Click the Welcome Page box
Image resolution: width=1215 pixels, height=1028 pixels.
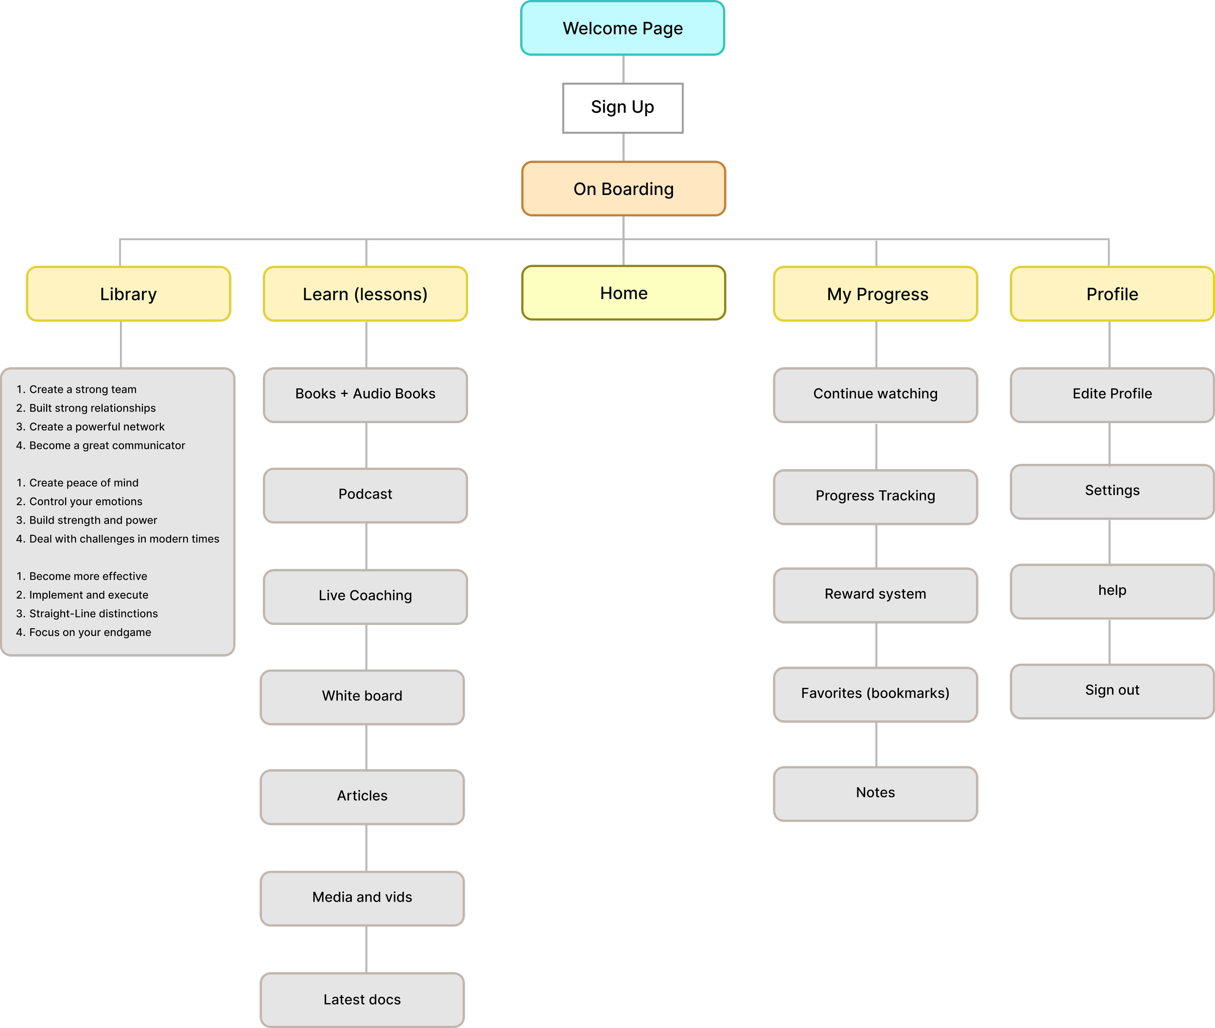[622, 29]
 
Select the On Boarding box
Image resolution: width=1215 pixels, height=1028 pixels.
[623, 189]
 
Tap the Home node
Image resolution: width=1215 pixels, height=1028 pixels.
[623, 293]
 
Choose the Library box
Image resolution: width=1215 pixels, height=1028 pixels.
[128, 294]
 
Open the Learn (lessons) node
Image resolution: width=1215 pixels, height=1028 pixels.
[365, 294]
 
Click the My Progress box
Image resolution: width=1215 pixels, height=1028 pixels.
[875, 294]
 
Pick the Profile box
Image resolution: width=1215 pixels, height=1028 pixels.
[1112, 294]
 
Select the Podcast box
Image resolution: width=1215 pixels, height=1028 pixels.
[365, 495]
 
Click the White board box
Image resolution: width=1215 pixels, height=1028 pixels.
[362, 696]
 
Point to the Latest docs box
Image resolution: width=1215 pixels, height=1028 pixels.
[362, 1000]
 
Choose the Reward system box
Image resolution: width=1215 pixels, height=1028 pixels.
[875, 594]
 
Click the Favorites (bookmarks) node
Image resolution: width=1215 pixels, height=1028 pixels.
[875, 693]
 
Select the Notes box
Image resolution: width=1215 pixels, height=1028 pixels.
[875, 793]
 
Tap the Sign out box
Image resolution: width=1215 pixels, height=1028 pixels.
[1112, 691]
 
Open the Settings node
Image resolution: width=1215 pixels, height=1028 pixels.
[1112, 491]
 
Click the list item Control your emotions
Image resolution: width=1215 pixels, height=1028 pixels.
[86, 502]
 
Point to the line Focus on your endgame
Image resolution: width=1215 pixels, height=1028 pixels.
[90, 632]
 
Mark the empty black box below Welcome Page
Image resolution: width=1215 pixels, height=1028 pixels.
[623, 108]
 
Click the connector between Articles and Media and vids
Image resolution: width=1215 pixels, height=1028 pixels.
[366, 848]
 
